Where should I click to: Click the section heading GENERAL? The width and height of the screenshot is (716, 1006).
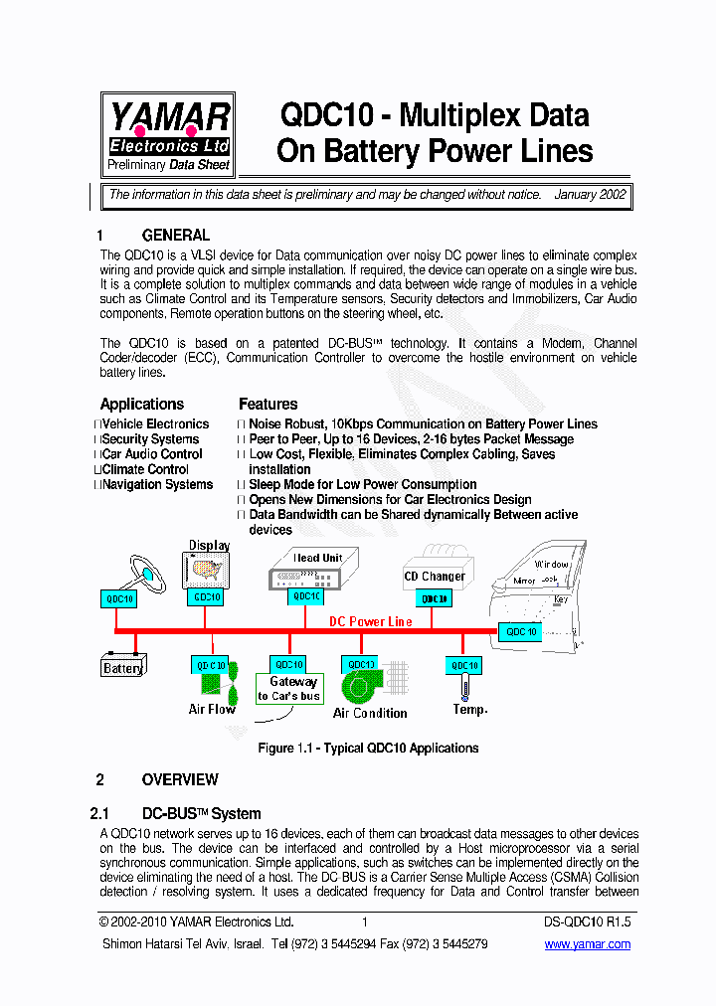click(175, 236)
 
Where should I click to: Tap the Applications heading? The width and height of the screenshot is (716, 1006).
click(141, 404)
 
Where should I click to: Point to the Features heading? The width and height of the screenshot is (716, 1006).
click(268, 404)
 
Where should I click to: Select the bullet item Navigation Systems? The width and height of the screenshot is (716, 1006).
click(157, 484)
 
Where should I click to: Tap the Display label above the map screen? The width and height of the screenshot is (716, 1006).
click(209, 545)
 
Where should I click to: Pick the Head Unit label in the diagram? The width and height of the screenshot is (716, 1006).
click(317, 558)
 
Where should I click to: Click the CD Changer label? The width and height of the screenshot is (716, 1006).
click(435, 576)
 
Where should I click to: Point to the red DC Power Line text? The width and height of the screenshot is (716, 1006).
click(370, 621)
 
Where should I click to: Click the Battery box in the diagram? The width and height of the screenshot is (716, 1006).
click(123, 667)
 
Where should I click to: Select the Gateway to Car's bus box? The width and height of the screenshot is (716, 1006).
click(288, 688)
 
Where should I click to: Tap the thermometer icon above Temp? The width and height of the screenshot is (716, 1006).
click(464, 685)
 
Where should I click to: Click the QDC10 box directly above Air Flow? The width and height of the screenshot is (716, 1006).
click(210, 665)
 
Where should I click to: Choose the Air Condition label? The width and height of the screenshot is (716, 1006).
click(370, 713)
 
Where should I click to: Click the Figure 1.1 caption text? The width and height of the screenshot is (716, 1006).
click(368, 748)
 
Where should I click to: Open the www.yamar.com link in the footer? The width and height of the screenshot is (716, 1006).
click(587, 944)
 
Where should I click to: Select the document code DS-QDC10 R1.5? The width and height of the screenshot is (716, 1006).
click(589, 922)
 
